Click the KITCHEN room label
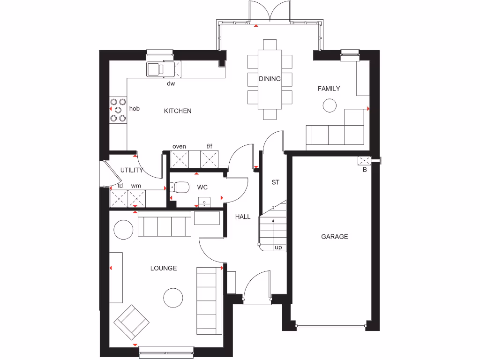click(x=178, y=111)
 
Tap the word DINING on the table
click(x=270, y=79)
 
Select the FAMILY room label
click(x=329, y=89)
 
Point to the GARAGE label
click(x=334, y=237)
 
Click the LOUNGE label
click(x=164, y=268)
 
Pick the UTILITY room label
click(x=131, y=170)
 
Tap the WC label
click(x=202, y=187)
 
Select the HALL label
click(x=243, y=217)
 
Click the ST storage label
click(x=275, y=182)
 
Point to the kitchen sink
click(x=155, y=69)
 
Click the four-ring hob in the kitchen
click(x=118, y=110)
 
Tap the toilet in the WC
click(x=180, y=187)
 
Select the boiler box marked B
click(x=364, y=161)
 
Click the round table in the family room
click(x=330, y=105)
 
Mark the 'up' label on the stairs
click(x=278, y=247)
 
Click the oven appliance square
click(x=179, y=159)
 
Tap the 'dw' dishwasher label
click(x=171, y=84)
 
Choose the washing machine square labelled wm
click(x=136, y=198)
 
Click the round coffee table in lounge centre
click(x=172, y=297)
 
